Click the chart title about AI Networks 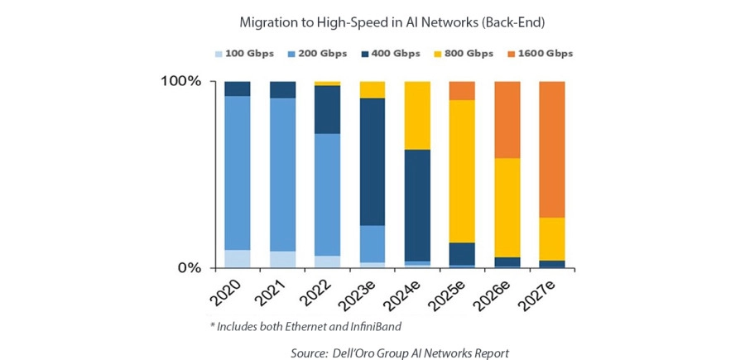(x=372, y=20)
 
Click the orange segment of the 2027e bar (x=552, y=149)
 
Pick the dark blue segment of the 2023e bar (x=372, y=161)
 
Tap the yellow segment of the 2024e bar (x=417, y=115)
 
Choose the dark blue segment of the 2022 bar (x=327, y=109)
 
